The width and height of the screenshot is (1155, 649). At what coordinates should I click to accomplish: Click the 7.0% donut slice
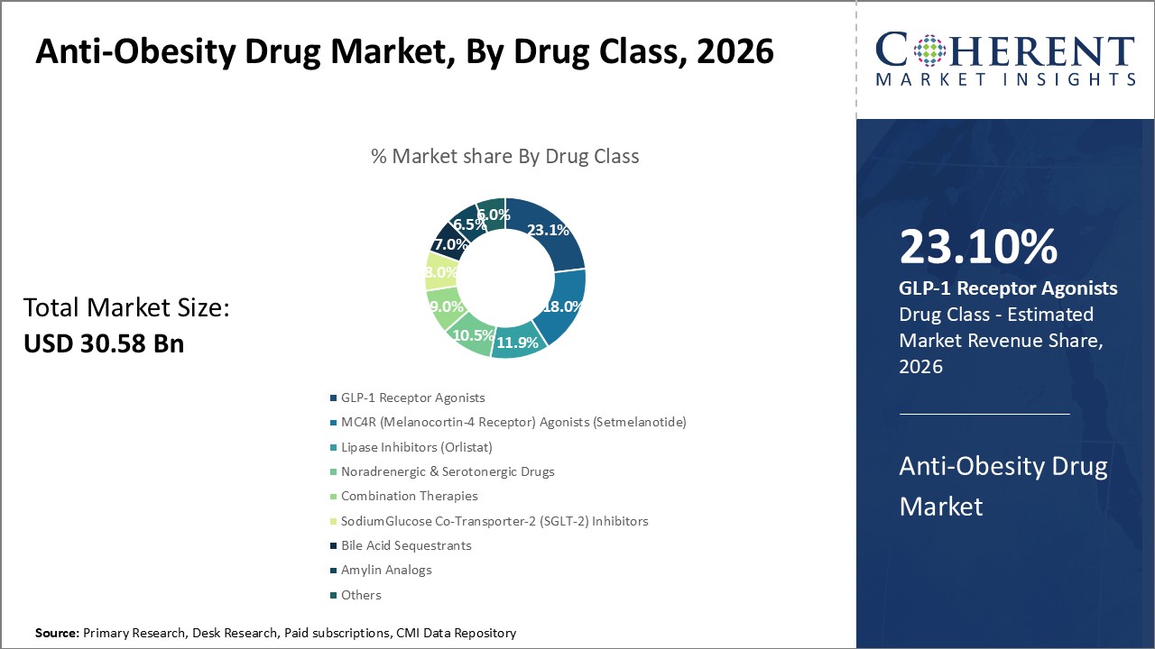(448, 244)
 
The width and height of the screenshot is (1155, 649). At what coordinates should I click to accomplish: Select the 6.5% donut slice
(467, 223)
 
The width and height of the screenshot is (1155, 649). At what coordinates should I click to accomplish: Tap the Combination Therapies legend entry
(409, 496)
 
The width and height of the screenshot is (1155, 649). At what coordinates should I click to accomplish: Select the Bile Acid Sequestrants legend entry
(406, 545)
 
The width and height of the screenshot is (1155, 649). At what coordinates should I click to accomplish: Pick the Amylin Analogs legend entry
(386, 570)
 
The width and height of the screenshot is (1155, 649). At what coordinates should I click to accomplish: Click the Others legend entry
(361, 595)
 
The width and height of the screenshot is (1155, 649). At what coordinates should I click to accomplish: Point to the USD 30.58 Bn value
(103, 343)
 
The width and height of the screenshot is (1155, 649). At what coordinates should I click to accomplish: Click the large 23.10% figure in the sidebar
(978, 247)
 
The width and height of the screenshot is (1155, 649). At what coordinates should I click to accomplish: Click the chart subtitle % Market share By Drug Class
(504, 156)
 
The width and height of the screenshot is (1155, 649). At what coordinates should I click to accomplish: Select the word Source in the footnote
(57, 634)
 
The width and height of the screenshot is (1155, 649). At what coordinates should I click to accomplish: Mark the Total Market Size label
(126, 308)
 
